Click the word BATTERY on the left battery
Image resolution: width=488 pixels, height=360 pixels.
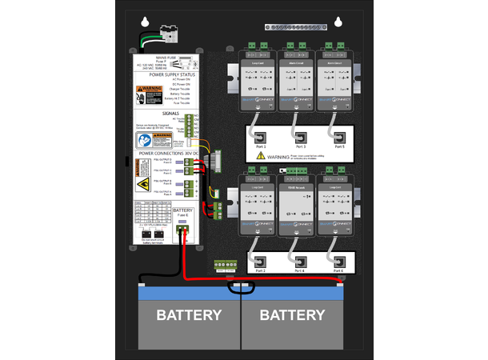click(189, 315)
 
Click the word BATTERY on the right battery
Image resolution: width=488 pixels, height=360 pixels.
click(292, 315)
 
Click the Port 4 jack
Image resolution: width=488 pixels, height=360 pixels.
click(299, 261)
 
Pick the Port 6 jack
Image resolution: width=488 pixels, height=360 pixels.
click(339, 261)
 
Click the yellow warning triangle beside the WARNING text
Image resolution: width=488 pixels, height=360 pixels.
click(261, 157)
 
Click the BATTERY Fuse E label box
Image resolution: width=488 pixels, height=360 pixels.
click(183, 212)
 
